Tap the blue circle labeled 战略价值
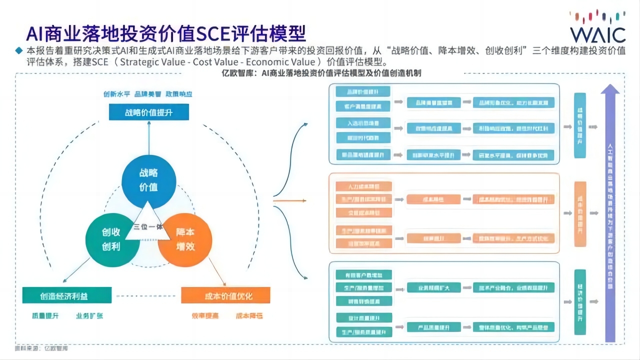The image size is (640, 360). [148, 180]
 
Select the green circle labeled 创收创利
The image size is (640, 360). [111, 240]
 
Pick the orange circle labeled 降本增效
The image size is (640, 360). [184, 239]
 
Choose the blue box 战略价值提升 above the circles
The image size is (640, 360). [149, 112]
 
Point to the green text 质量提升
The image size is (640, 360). [45, 316]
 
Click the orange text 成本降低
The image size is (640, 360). [249, 316]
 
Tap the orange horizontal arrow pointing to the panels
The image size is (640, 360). [289, 201]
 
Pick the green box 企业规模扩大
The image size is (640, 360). [433, 287]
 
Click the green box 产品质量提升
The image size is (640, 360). [433, 327]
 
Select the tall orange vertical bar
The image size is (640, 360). [579, 213]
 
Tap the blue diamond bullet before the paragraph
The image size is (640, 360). [19, 50]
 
